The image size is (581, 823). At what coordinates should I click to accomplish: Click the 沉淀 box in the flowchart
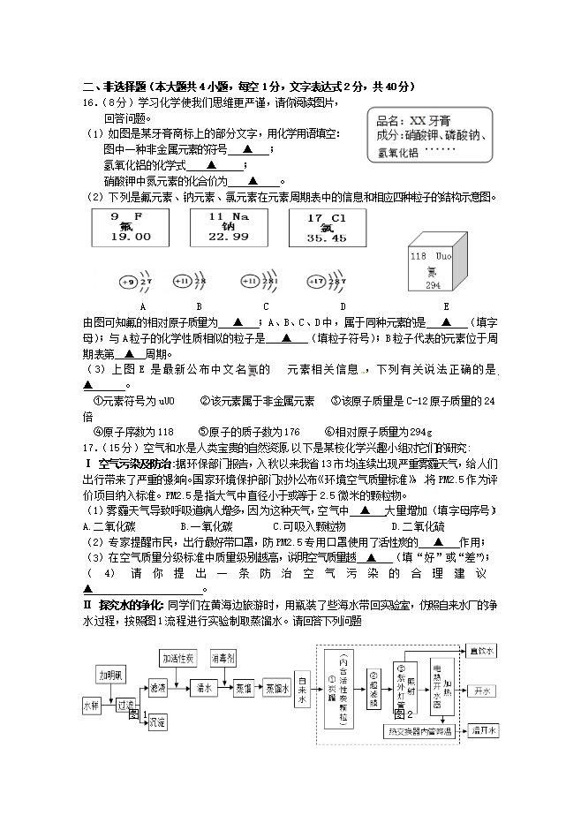[157, 722]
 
